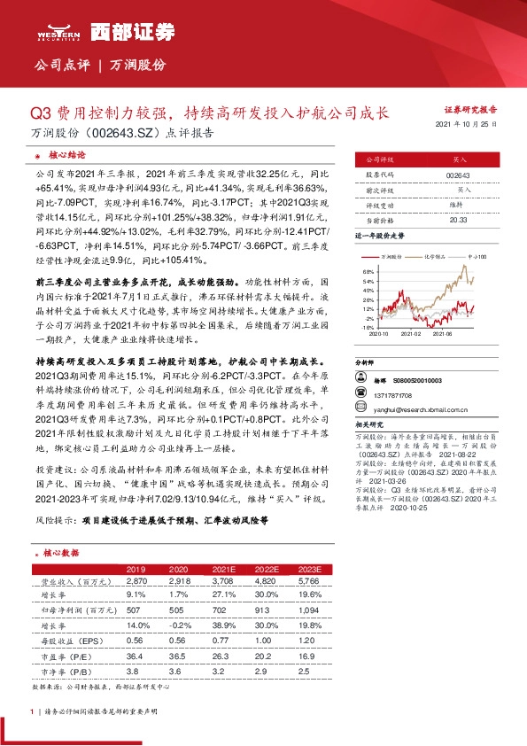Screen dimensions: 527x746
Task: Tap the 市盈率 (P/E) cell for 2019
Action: pyautogui.click(x=136, y=655)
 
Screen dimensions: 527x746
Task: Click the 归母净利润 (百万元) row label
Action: pyautogui.click(x=67, y=609)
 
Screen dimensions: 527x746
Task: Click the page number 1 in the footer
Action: pyautogui.click(x=32, y=711)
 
